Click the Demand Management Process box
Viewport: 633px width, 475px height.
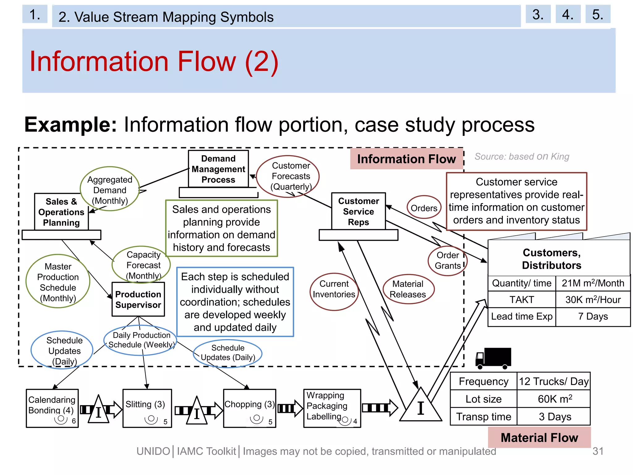(x=218, y=169)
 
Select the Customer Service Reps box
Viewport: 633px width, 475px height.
(x=358, y=212)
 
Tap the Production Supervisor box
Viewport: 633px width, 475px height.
(x=138, y=299)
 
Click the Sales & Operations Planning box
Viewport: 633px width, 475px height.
(x=61, y=212)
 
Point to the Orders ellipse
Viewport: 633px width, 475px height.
(x=424, y=208)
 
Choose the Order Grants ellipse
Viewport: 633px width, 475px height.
(x=447, y=260)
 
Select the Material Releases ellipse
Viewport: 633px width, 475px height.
(x=408, y=289)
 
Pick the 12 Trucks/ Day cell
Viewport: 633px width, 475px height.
(x=553, y=381)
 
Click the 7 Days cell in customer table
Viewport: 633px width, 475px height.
(x=593, y=316)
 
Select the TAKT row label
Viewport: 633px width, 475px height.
(x=521, y=299)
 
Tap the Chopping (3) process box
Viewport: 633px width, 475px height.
(x=249, y=408)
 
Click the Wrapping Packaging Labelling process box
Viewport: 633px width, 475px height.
(x=332, y=408)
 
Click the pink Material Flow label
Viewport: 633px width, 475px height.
(x=539, y=437)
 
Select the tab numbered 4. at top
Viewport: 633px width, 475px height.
(x=568, y=14)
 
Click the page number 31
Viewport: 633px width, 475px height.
(x=598, y=451)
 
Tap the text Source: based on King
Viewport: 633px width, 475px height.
(x=522, y=156)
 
